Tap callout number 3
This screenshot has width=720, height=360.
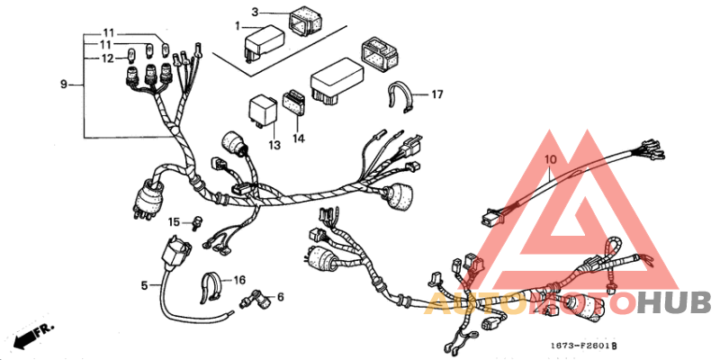tap(256, 12)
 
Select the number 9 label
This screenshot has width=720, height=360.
tap(64, 85)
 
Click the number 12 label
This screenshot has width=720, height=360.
tap(107, 58)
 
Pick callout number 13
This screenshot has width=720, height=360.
tap(274, 144)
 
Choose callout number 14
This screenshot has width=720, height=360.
tap(299, 139)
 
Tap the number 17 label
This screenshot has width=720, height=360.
tap(437, 94)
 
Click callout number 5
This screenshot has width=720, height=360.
tap(144, 285)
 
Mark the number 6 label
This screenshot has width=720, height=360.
tap(280, 296)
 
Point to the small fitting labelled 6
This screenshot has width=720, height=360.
tap(258, 295)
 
